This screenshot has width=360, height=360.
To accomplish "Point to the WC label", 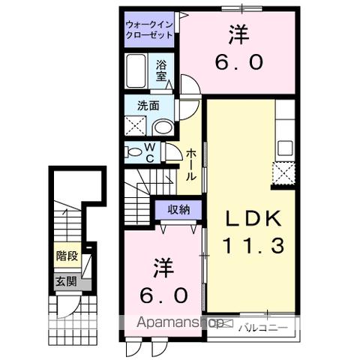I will coord(150,152).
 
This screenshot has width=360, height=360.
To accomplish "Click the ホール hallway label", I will coord(191,163).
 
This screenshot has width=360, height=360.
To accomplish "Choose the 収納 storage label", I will coord(178,208).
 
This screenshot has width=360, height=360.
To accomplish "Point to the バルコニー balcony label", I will coord(259,326).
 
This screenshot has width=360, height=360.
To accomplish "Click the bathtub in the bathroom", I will coord(139,73).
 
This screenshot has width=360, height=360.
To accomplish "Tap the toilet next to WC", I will coord(134,153).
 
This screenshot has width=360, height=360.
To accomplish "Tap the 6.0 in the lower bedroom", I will coord(160,295).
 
